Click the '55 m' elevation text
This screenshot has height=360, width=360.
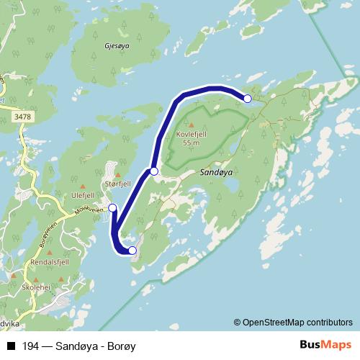(x=191, y=143)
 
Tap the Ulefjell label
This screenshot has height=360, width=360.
(x=84, y=193)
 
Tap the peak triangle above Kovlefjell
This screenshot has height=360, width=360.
(x=191, y=125)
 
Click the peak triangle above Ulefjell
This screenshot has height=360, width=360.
(x=84, y=185)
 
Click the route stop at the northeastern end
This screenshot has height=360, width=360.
(x=247, y=99)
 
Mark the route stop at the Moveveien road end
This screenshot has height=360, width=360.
(x=112, y=207)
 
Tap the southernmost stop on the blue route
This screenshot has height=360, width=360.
(x=132, y=251)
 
